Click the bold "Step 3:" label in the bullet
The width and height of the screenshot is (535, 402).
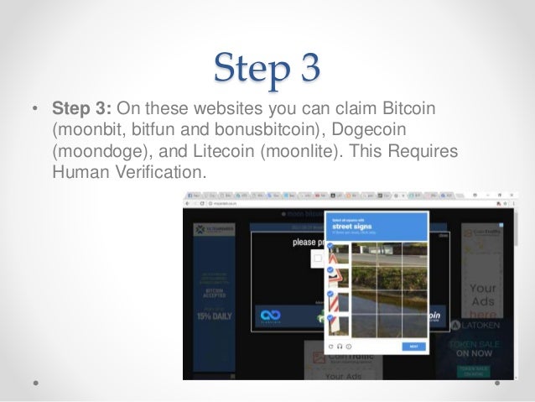82,110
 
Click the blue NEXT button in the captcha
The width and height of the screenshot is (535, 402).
413,346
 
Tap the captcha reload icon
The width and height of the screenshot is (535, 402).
330,346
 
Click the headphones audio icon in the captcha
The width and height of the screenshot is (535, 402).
339,346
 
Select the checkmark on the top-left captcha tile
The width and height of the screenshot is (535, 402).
330,247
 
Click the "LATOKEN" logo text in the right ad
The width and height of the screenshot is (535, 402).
485,326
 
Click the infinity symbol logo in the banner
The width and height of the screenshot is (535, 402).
271,315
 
